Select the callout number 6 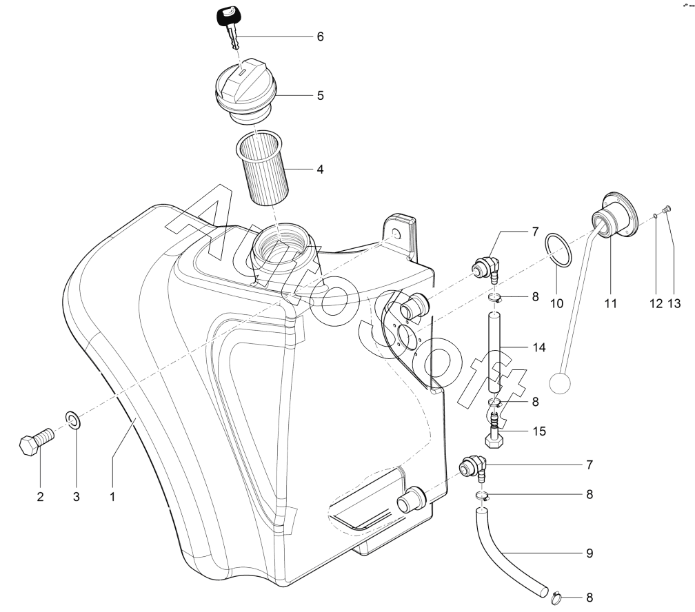321,37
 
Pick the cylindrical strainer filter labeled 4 261,169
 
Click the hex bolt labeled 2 37,440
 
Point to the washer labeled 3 73,420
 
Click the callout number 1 112,497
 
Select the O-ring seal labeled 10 558,250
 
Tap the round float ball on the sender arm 561,382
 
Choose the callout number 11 611,303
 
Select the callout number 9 589,553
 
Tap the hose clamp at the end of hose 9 556,599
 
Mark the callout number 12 656,303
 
